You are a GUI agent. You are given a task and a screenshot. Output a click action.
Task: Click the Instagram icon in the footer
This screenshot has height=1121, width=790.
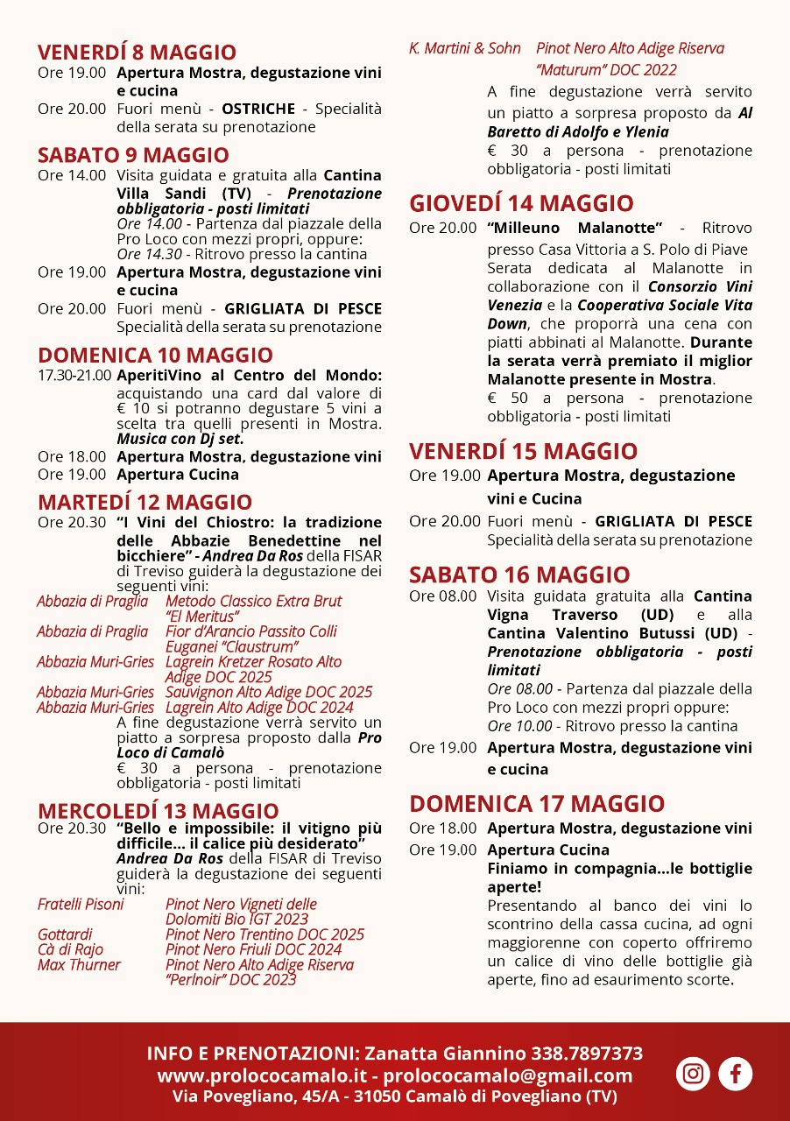click(693, 1074)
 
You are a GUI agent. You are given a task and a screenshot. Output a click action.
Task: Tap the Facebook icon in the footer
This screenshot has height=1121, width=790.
click(735, 1074)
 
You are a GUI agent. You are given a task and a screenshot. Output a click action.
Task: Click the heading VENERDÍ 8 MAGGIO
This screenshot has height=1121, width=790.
click(137, 52)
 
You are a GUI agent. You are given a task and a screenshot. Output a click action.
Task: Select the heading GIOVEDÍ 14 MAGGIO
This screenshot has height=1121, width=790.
click(521, 204)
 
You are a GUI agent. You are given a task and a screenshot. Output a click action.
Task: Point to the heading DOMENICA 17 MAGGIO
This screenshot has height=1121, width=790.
click(537, 804)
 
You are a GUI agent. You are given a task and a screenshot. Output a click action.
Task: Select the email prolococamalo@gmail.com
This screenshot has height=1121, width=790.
click(508, 1075)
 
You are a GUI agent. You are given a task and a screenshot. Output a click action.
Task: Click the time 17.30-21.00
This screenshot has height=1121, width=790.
click(74, 376)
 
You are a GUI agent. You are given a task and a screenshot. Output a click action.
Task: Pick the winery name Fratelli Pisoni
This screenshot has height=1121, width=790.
click(81, 904)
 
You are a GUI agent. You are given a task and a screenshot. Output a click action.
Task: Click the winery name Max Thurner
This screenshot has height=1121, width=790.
click(79, 965)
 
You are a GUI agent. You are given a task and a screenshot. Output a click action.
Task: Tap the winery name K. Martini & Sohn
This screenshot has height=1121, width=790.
click(465, 49)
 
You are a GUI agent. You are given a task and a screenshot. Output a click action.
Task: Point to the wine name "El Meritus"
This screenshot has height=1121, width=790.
click(202, 617)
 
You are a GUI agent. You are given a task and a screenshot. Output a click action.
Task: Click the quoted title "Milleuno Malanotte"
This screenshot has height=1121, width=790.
click(575, 228)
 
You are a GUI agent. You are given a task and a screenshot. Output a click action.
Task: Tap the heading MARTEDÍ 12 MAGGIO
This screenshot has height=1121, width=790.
click(145, 503)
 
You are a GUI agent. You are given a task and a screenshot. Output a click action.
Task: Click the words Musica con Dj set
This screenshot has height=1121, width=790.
click(180, 439)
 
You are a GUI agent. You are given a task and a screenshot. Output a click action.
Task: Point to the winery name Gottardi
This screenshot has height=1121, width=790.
click(65, 934)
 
